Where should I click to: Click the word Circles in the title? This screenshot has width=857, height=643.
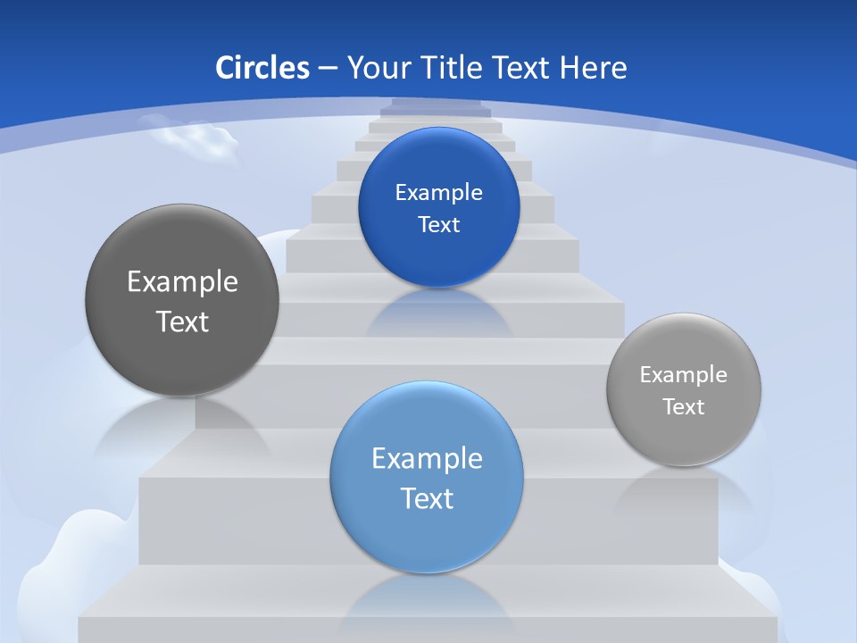point(262,68)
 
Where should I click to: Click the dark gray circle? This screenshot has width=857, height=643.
point(182,300)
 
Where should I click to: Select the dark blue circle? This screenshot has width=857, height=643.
point(438,207)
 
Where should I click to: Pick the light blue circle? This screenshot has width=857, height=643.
point(426,477)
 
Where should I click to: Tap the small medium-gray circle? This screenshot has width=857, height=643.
point(683,389)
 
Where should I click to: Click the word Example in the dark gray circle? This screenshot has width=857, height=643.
point(182,281)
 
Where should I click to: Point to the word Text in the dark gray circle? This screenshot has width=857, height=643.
point(182,321)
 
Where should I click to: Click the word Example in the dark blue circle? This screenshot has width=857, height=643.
point(438,192)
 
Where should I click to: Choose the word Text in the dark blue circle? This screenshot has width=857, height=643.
point(438,224)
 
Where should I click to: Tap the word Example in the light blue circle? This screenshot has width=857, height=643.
point(427,458)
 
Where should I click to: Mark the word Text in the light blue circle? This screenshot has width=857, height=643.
point(427,498)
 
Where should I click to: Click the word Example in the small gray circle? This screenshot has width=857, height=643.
point(683,374)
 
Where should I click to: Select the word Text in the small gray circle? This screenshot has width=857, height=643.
point(683,406)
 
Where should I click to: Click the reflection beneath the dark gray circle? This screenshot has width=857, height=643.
point(179,424)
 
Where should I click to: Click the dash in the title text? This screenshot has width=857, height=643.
point(327,69)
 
